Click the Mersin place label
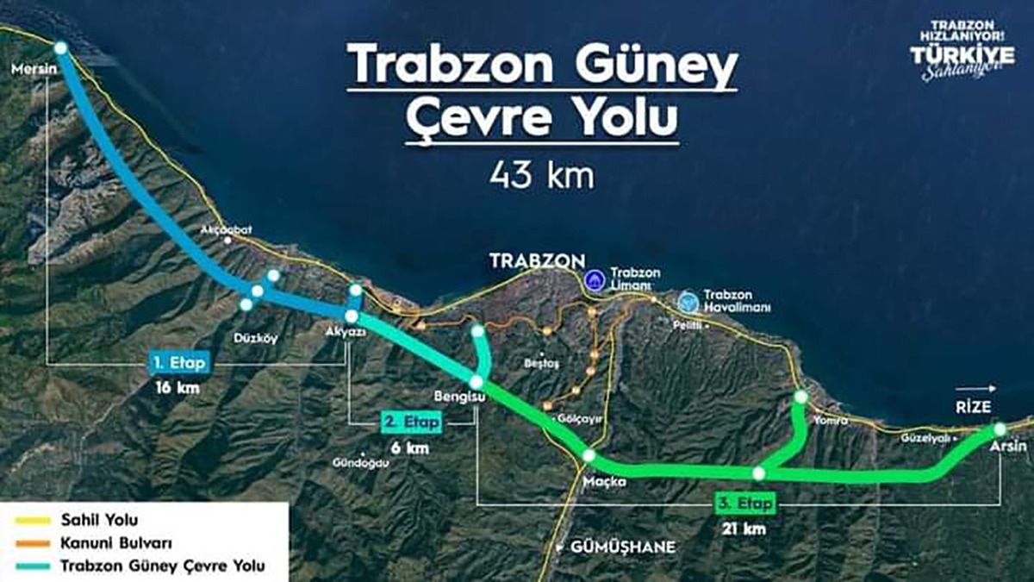pyautogui.click(x=29, y=66)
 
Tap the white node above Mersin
pyautogui.click(x=60, y=48)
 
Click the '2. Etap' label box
pyautogui.click(x=410, y=422)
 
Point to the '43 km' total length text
pyautogui.click(x=542, y=177)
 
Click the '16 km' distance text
pyautogui.click(x=177, y=388)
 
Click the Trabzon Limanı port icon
pyautogui.click(x=594, y=280)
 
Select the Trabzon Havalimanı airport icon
pyautogui.click(x=688, y=302)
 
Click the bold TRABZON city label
pyautogui.click(x=537, y=260)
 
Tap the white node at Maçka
pyautogui.click(x=589, y=455)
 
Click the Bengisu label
pyautogui.click(x=454, y=397)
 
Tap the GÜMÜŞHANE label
pyautogui.click(x=621, y=548)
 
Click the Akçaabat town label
pyautogui.click(x=225, y=231)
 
